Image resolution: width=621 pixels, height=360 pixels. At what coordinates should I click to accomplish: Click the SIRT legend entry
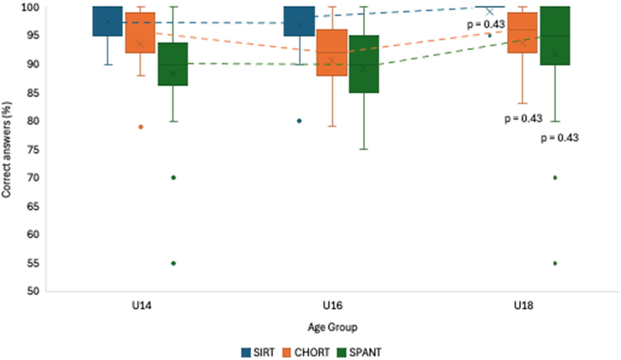coord(257,352)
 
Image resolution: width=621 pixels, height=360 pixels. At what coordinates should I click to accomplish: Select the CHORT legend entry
coord(306,352)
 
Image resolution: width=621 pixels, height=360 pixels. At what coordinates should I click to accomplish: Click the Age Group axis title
coord(332,328)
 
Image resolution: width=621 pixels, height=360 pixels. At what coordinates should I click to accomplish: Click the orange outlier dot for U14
coord(141,127)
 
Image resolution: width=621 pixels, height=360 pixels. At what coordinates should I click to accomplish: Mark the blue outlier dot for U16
coord(299,121)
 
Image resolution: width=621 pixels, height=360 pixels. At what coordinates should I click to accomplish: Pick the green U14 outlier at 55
coord(173,263)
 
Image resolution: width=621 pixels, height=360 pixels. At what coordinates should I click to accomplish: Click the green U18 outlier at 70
coord(555,177)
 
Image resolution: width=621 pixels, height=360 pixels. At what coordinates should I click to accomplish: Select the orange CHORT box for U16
coord(332,52)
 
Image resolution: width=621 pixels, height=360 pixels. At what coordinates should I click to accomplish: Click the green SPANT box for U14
coord(172,64)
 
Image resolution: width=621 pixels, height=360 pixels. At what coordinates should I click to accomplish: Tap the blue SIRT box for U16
coord(299,21)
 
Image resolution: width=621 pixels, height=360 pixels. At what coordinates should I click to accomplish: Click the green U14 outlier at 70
coord(173,177)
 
